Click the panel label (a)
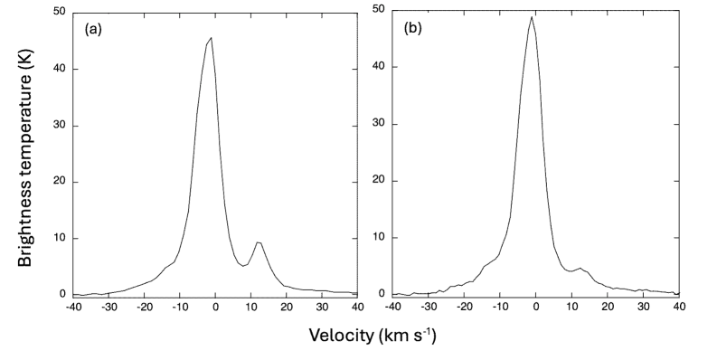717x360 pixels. tap(92, 29)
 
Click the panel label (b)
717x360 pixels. tap(413, 28)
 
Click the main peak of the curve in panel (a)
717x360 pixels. tap(211, 38)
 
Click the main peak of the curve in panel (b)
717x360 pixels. tap(532, 17)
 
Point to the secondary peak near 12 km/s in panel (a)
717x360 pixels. tap(259, 242)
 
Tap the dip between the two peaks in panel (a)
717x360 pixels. tap(244, 265)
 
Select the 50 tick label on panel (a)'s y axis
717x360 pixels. tap(59, 12)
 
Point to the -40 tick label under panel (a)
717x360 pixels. tap(73, 307)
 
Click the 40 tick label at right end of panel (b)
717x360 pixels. tap(678, 307)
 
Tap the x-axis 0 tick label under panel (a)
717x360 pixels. tap(215, 307)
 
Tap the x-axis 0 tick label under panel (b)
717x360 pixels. tap(536, 307)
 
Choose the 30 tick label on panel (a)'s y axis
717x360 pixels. tap(59, 125)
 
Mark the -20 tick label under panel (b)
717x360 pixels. tap(464, 307)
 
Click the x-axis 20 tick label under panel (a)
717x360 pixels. tap(287, 307)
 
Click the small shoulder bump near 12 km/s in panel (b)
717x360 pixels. tap(580, 268)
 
